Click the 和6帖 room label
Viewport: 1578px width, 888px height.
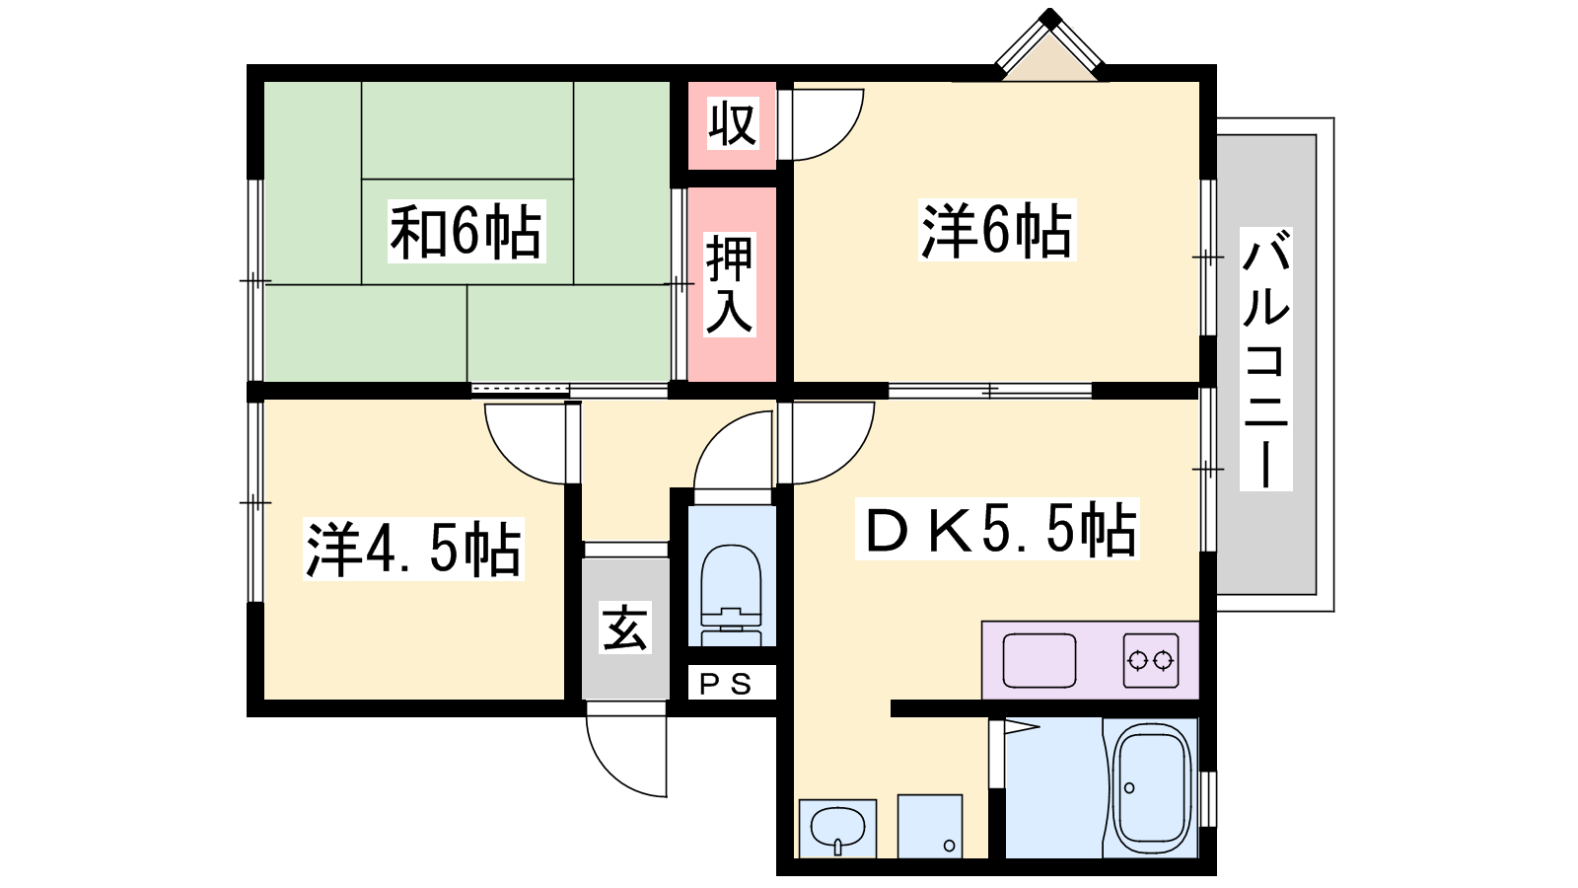click(466, 231)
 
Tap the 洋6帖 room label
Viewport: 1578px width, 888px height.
click(997, 230)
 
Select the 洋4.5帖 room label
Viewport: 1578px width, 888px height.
click(413, 549)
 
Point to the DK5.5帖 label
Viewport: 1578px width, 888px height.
click(997, 529)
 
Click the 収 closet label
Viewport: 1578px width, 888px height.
click(733, 123)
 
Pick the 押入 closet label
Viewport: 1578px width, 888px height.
click(731, 284)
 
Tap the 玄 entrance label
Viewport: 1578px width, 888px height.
click(625, 628)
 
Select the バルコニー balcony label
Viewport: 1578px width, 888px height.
click(1266, 359)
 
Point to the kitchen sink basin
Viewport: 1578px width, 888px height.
click(1040, 660)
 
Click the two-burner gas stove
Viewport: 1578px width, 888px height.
click(1150, 660)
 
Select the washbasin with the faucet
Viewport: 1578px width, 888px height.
click(837, 829)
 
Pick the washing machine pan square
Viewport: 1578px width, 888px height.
click(930, 826)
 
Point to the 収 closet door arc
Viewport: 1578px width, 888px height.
click(839, 138)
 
